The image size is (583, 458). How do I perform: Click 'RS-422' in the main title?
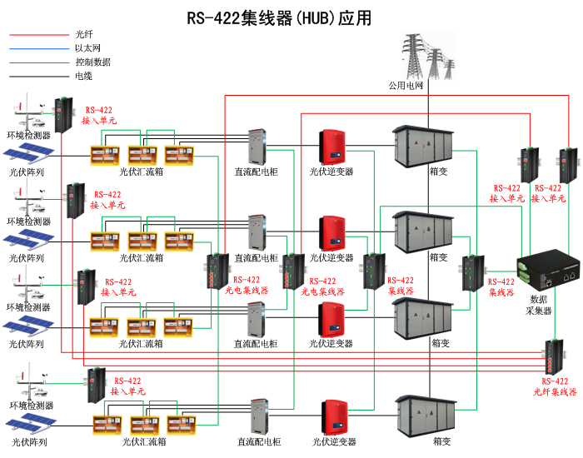click(212, 17)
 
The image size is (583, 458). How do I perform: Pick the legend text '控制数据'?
click(92, 62)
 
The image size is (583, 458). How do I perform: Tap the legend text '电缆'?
click(83, 76)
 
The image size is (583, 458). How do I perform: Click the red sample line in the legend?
click(37, 35)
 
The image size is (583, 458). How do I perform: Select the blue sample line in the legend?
click(37, 48)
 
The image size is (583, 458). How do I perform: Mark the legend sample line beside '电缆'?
click(37, 76)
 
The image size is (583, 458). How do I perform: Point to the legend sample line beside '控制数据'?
click(37, 62)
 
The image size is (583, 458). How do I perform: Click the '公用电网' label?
click(406, 86)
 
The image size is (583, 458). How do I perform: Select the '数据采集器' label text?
click(541, 304)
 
